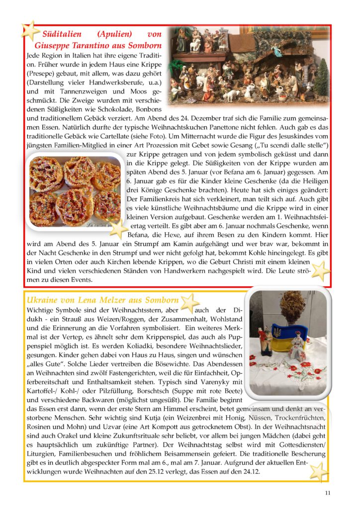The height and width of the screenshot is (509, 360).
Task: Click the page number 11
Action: [x=327, y=493]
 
